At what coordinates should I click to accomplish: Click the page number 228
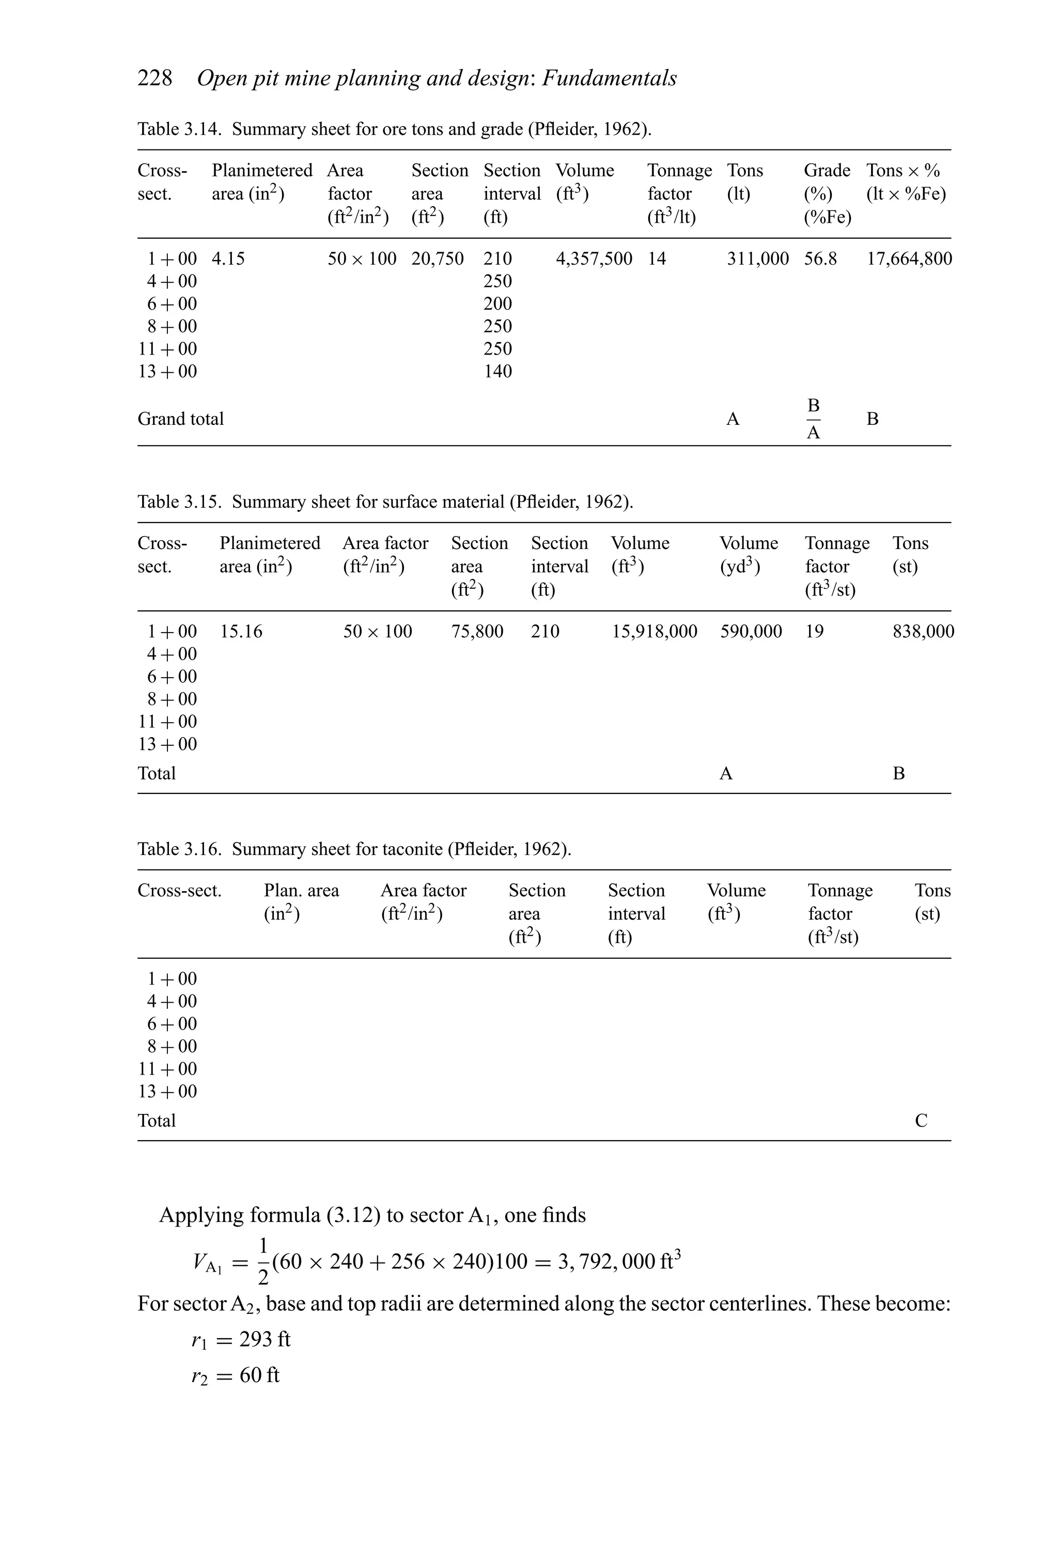(x=154, y=78)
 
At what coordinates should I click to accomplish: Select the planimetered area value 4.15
(x=228, y=258)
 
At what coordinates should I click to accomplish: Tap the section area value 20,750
(x=437, y=258)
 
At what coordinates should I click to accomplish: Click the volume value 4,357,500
(x=594, y=258)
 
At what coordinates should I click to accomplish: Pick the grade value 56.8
(x=820, y=258)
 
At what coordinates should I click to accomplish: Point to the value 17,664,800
(x=908, y=258)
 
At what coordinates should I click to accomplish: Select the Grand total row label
(x=180, y=419)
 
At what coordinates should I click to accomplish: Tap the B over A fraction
(x=813, y=419)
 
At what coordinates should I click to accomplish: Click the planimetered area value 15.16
(x=241, y=631)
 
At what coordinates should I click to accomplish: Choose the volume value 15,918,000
(x=654, y=631)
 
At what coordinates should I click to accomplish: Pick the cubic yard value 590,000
(x=751, y=631)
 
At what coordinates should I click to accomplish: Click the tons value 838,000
(x=923, y=631)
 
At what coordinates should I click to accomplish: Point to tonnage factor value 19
(x=815, y=631)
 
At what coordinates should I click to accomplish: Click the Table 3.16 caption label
(x=179, y=849)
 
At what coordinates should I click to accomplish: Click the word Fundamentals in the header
(x=609, y=78)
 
